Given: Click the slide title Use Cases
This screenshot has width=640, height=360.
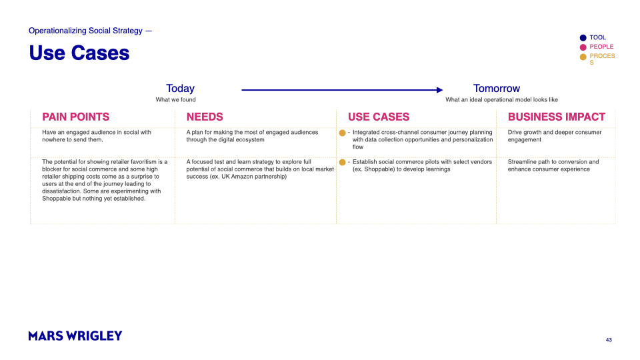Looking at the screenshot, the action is (x=79, y=53).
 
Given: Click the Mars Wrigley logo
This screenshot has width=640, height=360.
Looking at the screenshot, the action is (x=75, y=336).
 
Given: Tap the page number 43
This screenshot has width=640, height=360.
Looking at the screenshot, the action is (x=609, y=340).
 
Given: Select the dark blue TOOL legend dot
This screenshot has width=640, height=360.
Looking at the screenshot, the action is (x=583, y=38).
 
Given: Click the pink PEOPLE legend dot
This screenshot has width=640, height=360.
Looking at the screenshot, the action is (x=583, y=47).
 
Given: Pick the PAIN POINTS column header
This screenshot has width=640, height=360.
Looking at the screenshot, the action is (x=75, y=117).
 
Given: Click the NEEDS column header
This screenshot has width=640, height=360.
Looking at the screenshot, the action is (x=205, y=117).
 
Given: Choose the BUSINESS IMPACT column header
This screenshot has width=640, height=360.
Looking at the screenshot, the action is (x=556, y=117).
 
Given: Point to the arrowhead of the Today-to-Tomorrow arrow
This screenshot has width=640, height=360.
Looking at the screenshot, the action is (x=439, y=90).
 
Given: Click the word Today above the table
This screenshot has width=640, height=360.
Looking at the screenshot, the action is (x=180, y=89).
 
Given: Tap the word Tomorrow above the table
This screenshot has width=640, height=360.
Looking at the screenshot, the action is (x=496, y=89).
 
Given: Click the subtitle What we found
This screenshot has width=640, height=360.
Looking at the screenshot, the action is (x=176, y=100).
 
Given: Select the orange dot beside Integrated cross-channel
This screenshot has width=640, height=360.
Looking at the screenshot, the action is (x=343, y=133).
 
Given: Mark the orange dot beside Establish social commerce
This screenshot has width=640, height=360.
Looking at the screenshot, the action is (x=343, y=162).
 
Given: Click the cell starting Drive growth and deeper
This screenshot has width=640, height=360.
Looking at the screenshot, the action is (x=554, y=136).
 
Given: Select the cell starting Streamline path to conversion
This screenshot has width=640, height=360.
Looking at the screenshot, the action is (x=553, y=165).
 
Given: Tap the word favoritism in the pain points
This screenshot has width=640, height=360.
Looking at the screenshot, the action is (x=142, y=162).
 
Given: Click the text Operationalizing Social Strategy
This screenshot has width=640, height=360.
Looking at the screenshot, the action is (x=85, y=31).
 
